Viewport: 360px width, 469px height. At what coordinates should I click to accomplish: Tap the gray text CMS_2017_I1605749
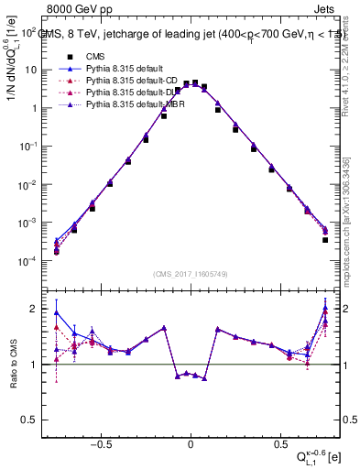191,273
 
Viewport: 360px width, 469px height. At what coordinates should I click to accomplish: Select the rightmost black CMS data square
325,240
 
